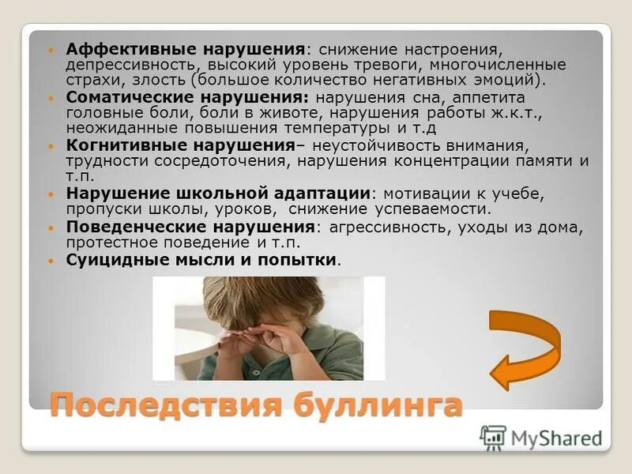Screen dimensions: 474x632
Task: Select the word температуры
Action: point(344,129)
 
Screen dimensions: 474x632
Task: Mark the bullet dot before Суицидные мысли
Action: point(52,260)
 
